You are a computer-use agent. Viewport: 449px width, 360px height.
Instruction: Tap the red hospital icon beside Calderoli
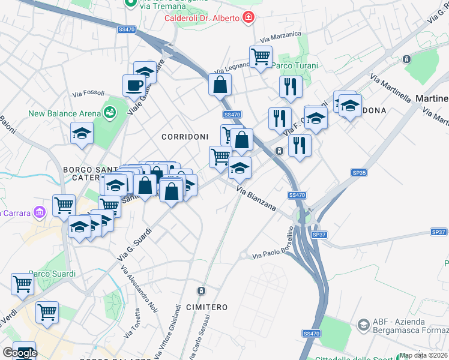pyautogui.click(x=249, y=17)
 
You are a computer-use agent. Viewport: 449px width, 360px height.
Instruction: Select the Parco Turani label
pyautogui.click(x=295, y=65)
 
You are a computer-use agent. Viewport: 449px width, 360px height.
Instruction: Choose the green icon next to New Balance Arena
pyautogui.click(x=109, y=112)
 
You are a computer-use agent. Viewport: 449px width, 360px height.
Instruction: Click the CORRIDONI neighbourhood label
pyautogui.click(x=185, y=137)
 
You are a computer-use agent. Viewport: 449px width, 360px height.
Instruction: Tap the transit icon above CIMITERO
pyautogui.click(x=201, y=291)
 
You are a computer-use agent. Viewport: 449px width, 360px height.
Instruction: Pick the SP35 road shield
pyautogui.click(x=359, y=173)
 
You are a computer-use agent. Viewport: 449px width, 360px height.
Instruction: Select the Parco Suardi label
pyautogui.click(x=52, y=274)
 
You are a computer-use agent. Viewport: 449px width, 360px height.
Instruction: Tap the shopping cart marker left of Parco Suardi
pyautogui.click(x=23, y=283)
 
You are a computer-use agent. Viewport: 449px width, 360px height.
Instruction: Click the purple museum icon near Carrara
pyautogui.click(x=40, y=212)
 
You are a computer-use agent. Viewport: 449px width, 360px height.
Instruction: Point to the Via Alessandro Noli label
pyautogui.click(x=138, y=289)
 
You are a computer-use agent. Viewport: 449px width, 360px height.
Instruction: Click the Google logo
pyautogui.click(x=19, y=353)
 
